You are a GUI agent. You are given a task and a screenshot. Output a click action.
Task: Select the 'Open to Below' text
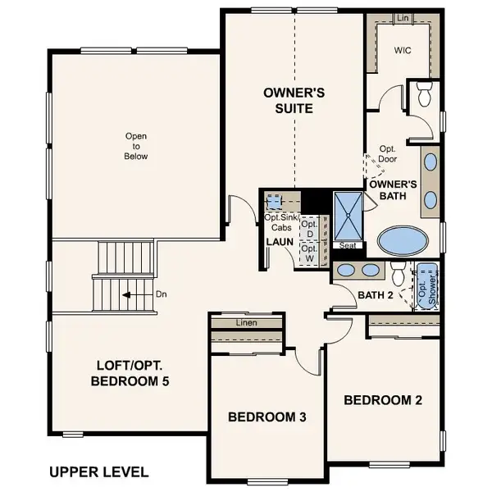137,146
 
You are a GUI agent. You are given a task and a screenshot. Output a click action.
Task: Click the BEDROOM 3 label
266,417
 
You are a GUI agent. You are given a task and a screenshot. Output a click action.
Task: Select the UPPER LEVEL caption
98,471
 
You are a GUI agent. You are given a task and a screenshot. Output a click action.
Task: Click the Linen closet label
247,322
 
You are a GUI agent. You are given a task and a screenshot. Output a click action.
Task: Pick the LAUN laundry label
280,242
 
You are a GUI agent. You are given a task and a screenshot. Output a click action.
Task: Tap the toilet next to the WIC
425,95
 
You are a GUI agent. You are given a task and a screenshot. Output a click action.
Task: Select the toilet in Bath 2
399,272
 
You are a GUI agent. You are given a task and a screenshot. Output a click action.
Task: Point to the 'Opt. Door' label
388,154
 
